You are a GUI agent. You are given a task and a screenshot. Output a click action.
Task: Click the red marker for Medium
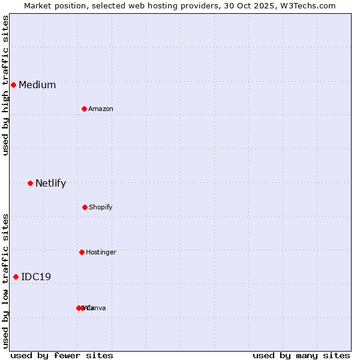pyautogui.click(x=13, y=85)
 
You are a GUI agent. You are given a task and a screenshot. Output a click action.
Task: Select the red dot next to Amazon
pyautogui.click(x=84, y=109)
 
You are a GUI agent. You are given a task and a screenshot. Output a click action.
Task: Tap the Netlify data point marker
pyautogui.click(x=30, y=183)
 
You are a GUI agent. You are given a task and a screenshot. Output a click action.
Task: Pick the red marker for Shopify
pyautogui.click(x=85, y=207)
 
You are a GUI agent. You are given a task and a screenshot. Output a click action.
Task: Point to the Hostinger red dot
pyautogui.click(x=82, y=252)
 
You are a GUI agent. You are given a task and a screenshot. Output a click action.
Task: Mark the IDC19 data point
pyautogui.click(x=16, y=277)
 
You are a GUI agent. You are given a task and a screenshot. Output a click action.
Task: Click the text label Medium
pyautogui.click(x=37, y=85)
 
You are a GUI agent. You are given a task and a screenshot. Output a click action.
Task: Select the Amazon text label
pyautogui.click(x=101, y=109)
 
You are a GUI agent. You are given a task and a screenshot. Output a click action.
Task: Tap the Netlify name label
pyautogui.click(x=50, y=184)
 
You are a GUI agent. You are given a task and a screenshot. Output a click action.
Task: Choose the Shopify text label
pyautogui.click(x=101, y=208)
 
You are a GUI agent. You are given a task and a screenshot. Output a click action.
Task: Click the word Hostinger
pyautogui.click(x=101, y=253)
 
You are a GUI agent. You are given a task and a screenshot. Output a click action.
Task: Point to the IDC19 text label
pyautogui.click(x=36, y=277)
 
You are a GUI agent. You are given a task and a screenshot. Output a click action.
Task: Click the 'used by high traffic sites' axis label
pyautogui.click(x=5, y=85)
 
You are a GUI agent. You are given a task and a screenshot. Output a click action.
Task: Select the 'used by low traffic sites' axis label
pyautogui.click(x=5, y=281)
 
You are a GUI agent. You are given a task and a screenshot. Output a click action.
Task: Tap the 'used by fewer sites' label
pyautogui.click(x=62, y=356)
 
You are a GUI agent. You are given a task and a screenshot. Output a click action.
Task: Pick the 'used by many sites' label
pyautogui.click(x=301, y=356)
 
